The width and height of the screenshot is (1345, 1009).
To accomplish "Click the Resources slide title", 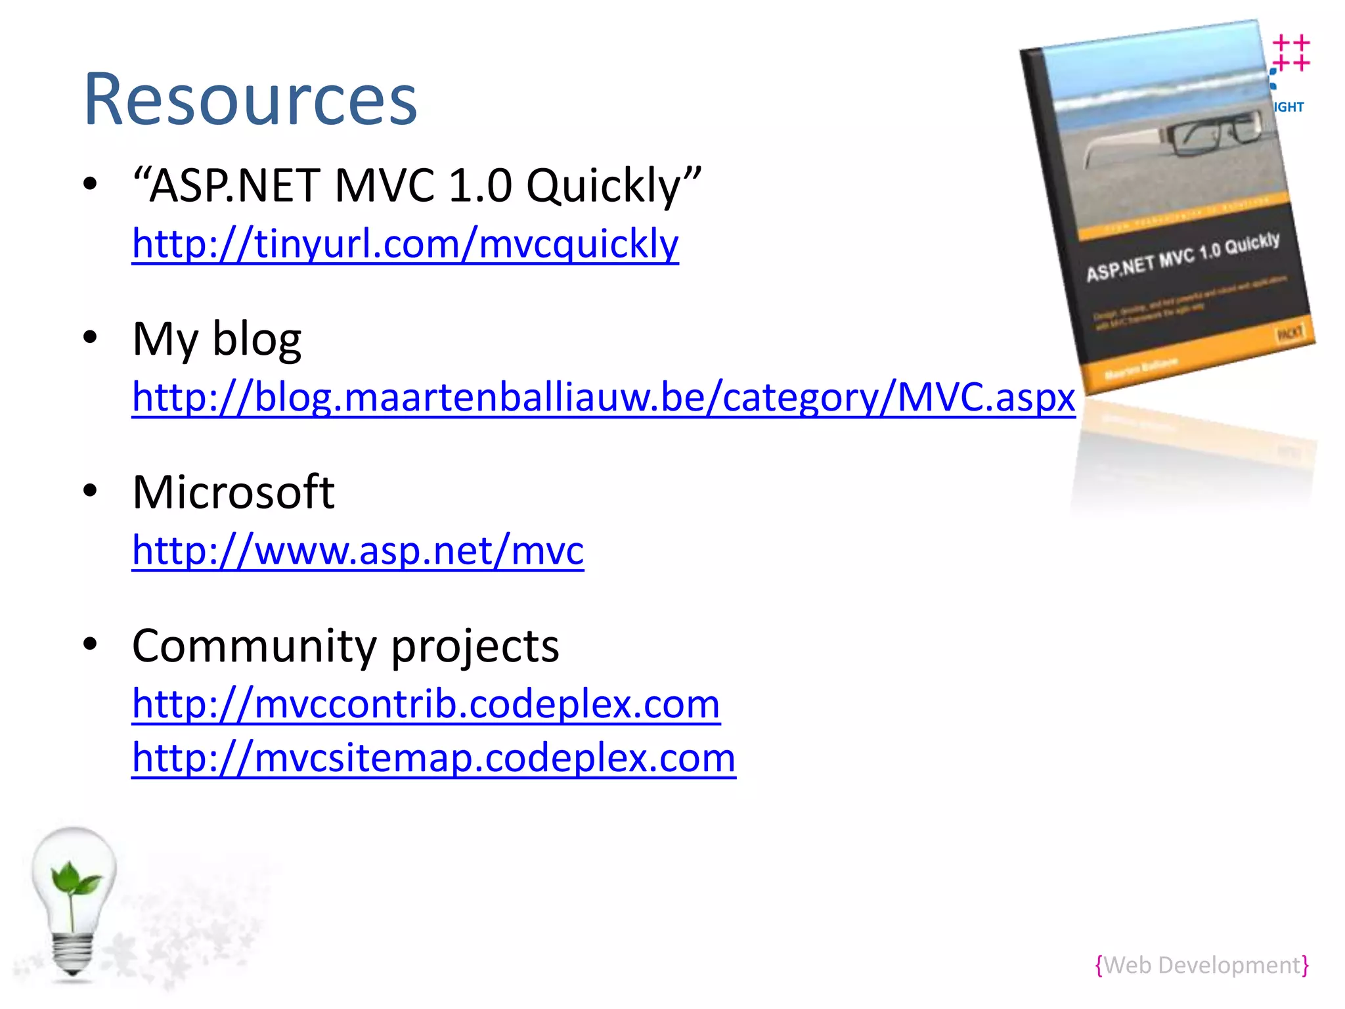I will coord(250,100).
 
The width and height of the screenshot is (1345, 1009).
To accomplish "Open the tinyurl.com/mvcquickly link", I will coord(405,244).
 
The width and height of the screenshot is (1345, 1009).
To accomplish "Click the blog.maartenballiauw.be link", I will coord(603,397).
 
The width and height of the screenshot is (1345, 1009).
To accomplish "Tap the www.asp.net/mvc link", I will coord(358,550).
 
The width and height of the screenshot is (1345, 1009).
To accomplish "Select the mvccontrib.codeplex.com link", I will coord(426,704).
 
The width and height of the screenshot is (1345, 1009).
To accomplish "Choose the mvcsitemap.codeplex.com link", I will coord(433,758).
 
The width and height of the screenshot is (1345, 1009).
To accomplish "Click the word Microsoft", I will coord(233,492).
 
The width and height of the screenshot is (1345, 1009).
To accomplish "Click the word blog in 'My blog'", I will coord(257,340).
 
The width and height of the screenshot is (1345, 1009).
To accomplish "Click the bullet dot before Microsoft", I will coord(90,491).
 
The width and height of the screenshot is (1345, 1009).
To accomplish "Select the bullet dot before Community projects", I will coord(90,644).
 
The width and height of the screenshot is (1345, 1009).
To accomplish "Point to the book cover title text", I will coord(1182,256).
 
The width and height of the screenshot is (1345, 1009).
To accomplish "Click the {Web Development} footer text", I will coord(1202,965).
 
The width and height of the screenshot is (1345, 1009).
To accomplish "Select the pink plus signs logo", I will coord(1291,53).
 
